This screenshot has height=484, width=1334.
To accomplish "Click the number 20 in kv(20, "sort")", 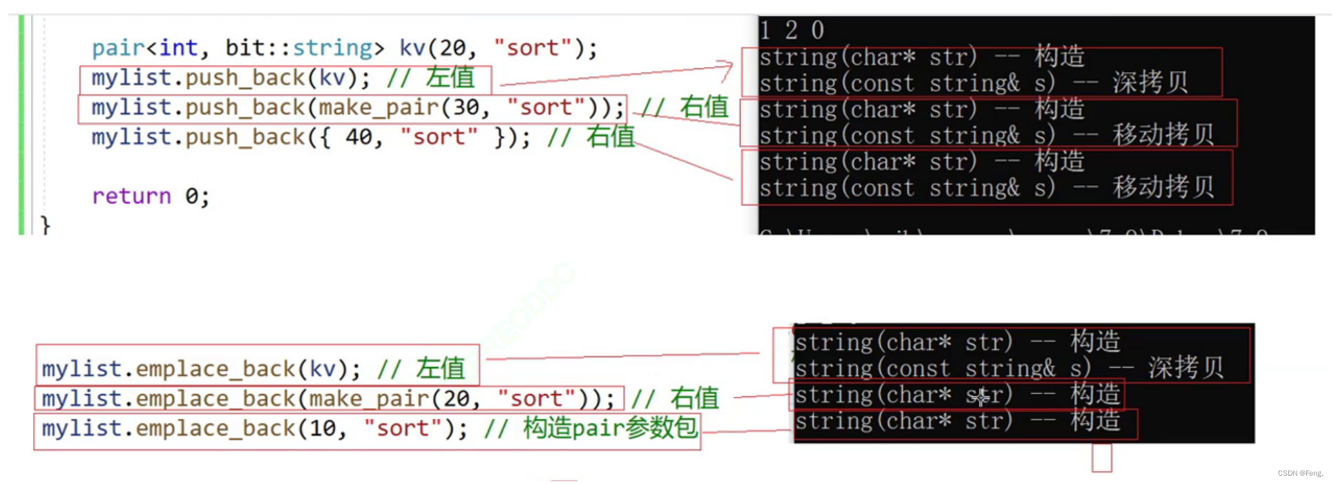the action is [x=453, y=48].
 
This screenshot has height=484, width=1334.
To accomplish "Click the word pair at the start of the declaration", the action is [x=118, y=48].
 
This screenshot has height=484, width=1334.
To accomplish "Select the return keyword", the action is [x=131, y=196].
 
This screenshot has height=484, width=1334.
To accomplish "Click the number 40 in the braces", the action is [x=359, y=138].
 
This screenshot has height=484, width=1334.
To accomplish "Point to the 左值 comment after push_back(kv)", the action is [x=450, y=77].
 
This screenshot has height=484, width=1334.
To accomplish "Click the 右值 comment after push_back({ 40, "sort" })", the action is [x=610, y=137].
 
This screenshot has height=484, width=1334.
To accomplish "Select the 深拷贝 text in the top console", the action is [x=1150, y=83].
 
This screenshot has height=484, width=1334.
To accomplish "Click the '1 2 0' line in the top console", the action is [x=792, y=30].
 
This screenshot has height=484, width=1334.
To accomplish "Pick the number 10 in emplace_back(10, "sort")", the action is [x=322, y=429].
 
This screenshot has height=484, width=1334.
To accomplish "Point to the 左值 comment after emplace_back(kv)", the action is [x=440, y=369].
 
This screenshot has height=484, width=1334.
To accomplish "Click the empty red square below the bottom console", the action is [x=1102, y=458].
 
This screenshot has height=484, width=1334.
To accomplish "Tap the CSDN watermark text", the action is [x=1299, y=474].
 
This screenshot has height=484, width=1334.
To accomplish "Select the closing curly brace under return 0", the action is [x=46, y=225].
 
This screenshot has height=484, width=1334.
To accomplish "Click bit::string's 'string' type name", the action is [x=332, y=48].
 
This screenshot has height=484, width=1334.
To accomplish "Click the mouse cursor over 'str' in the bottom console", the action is [x=981, y=397].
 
